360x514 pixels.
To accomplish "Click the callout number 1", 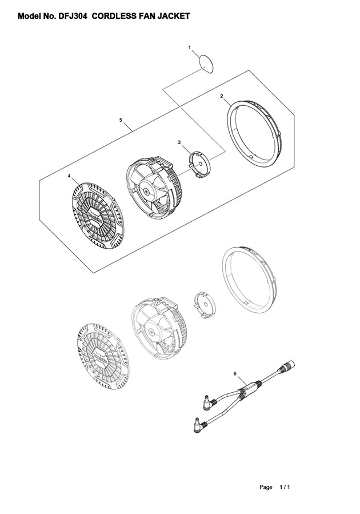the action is point(189,47).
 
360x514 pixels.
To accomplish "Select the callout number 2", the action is point(222,95).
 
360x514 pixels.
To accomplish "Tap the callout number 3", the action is point(179,142).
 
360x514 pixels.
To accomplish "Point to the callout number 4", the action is point(69,176).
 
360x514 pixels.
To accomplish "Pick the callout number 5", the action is point(121,120).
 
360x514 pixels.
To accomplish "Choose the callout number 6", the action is point(235,373).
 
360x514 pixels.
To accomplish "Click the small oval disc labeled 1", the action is point(206,63).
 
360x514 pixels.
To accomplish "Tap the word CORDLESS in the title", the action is point(113,16).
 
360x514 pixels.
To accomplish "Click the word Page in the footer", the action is point(266,487).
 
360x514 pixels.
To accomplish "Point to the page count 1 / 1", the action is point(285,487).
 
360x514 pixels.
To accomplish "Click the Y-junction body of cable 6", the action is point(250,388).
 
